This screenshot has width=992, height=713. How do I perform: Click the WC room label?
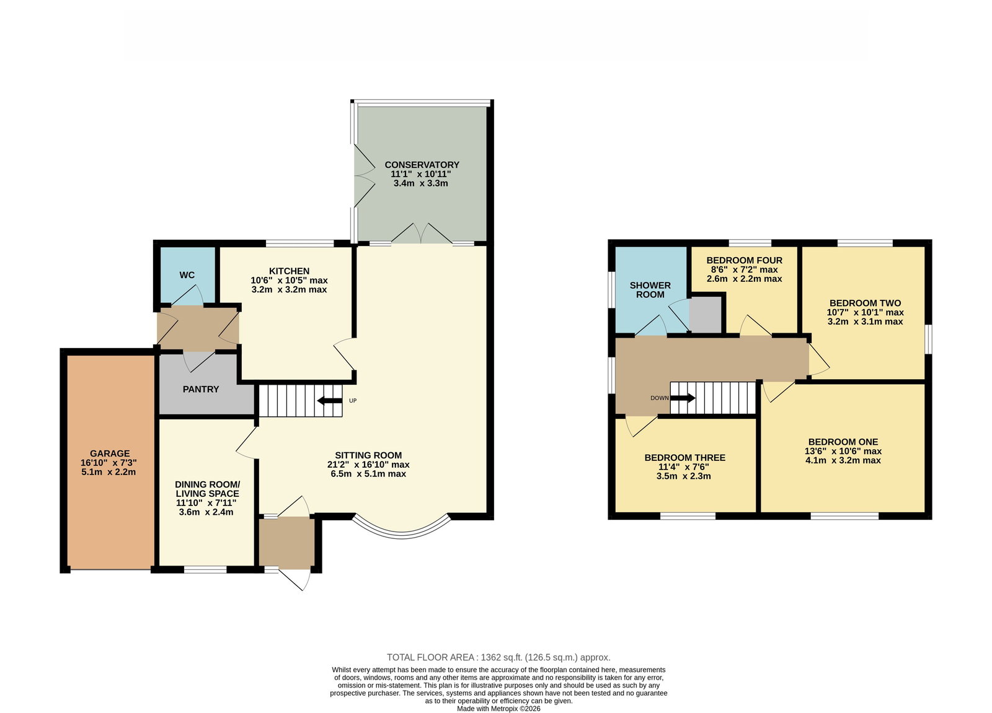187,275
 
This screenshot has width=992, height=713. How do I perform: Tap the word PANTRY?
201,389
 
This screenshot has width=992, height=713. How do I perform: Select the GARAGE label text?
110,453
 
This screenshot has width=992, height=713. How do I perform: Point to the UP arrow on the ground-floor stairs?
330,401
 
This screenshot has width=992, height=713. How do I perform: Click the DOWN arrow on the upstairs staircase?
683,398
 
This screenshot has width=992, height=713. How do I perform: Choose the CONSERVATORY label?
422,165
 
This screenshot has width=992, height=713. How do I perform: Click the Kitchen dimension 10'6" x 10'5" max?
289,280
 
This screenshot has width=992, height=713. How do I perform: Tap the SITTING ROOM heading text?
368,455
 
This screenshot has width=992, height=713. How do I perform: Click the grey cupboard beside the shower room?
706,314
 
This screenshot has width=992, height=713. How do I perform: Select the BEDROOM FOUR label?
745,260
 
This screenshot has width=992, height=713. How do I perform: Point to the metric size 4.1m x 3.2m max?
843,460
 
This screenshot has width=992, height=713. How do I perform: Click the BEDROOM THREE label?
684,458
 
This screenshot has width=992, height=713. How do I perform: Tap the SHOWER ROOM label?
650,290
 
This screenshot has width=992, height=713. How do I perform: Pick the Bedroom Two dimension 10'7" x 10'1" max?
866,312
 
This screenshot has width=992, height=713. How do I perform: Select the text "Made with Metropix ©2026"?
498,709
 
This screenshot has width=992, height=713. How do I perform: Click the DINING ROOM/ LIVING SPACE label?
207,489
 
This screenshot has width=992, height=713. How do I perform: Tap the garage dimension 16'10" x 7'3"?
108,463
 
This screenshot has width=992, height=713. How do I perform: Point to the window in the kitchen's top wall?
300,243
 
